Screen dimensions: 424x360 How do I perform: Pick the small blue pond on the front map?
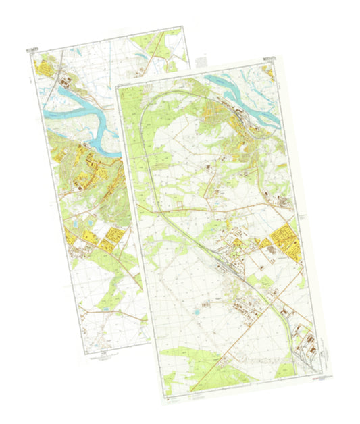(x=196, y=314)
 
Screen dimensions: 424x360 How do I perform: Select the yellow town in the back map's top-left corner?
(x=45, y=67)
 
